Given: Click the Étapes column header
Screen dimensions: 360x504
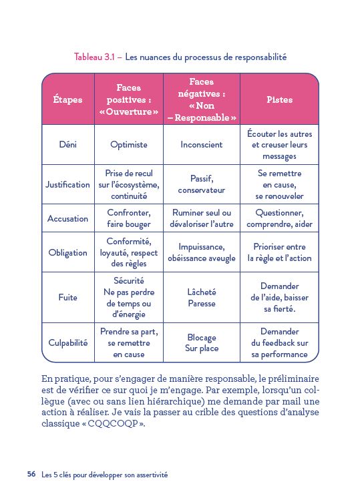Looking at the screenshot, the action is [x=67, y=99].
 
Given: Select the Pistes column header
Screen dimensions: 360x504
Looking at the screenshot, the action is [x=279, y=99].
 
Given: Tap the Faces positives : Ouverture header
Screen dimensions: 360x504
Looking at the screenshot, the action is [x=129, y=99].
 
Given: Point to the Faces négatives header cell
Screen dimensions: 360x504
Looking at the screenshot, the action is [x=202, y=100].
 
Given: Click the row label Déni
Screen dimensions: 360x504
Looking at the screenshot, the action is [x=67, y=144].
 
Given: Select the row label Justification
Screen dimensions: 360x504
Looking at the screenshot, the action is [x=67, y=184].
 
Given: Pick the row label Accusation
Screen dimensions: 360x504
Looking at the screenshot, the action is [x=67, y=218].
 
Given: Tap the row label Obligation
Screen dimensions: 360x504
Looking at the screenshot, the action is [x=67, y=252].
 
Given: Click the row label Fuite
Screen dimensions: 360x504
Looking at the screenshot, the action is [x=67, y=298].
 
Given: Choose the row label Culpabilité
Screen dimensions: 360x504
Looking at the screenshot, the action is [x=67, y=342].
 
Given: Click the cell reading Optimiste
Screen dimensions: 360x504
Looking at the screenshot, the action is [x=129, y=144].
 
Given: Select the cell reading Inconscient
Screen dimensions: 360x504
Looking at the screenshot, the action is [x=202, y=144].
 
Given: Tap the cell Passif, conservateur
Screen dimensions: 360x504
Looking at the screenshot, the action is [x=202, y=184].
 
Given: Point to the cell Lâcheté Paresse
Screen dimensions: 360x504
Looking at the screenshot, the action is [x=202, y=298].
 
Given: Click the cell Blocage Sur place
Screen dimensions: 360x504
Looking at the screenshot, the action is [x=202, y=342].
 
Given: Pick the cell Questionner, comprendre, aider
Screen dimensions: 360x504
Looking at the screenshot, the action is [x=279, y=218].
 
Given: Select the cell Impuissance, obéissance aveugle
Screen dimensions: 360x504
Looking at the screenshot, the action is [x=202, y=252].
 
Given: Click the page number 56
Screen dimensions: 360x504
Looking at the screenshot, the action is [x=31, y=475].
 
